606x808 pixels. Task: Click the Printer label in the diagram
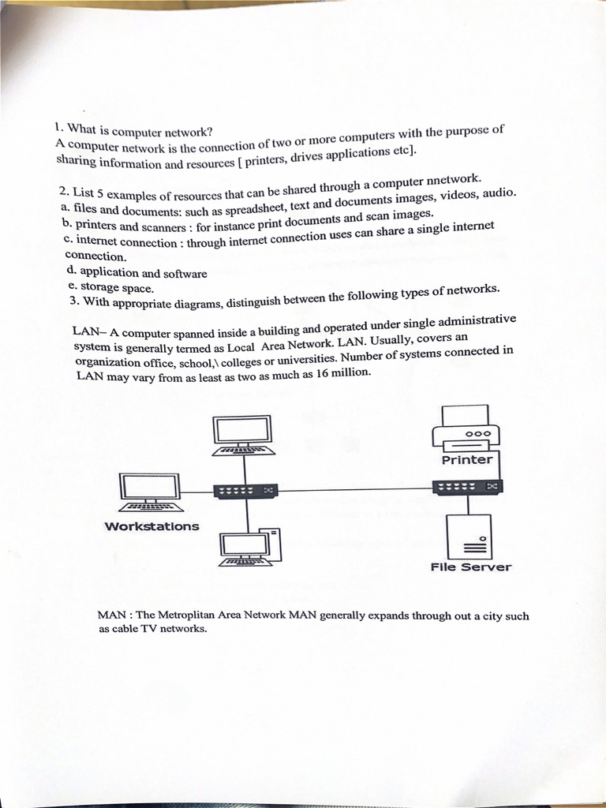tap(467, 460)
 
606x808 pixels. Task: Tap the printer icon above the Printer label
tap(466, 428)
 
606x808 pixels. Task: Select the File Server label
tap(470, 567)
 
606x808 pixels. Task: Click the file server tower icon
tap(469, 537)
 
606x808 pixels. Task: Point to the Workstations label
tap(151, 526)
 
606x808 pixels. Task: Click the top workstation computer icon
tap(243, 435)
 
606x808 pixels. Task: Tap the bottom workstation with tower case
tap(249, 547)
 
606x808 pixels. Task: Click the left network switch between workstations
tap(245, 491)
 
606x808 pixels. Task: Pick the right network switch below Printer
tap(467, 487)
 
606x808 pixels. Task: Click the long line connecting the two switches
tap(355, 490)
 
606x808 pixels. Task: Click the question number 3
tap(73, 301)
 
